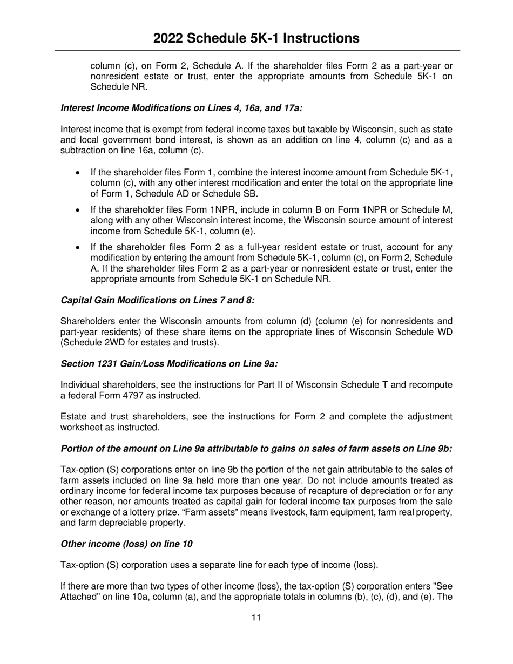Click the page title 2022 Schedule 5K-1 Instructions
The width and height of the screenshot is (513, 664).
pos(256,38)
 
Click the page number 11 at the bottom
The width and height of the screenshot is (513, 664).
pos(256,618)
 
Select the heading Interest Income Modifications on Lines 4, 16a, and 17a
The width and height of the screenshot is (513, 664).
pos(181,108)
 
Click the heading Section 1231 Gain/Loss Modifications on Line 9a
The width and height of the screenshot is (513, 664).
pos(169,364)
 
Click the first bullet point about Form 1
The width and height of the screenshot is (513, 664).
pos(79,173)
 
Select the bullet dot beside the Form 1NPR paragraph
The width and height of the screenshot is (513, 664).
pos(79,210)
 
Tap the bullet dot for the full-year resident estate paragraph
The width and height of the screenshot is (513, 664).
pos(79,248)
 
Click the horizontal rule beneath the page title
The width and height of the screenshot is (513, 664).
pos(256,50)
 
